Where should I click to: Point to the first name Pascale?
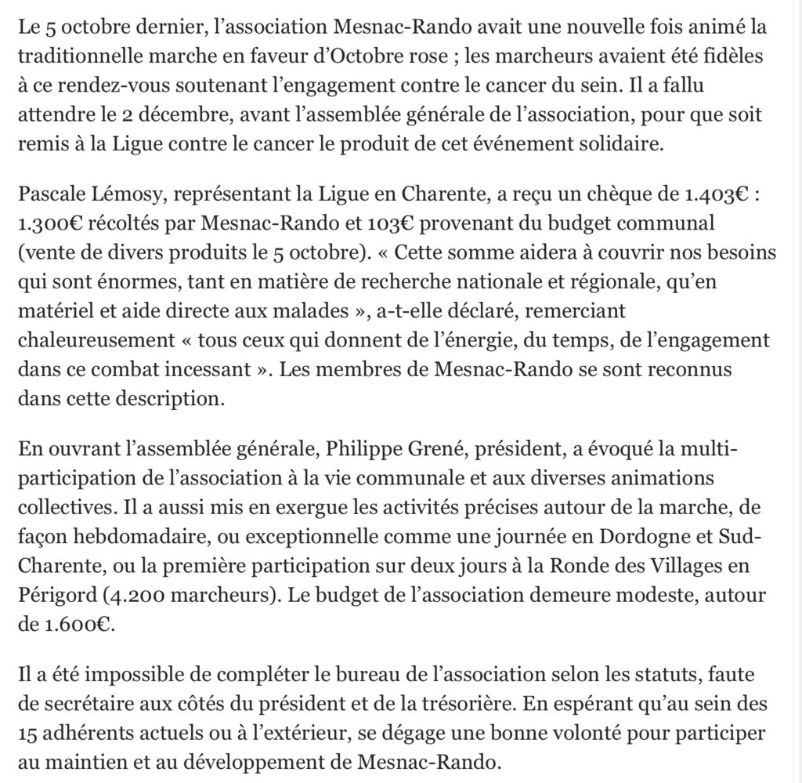pyautogui.click(x=49, y=196)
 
